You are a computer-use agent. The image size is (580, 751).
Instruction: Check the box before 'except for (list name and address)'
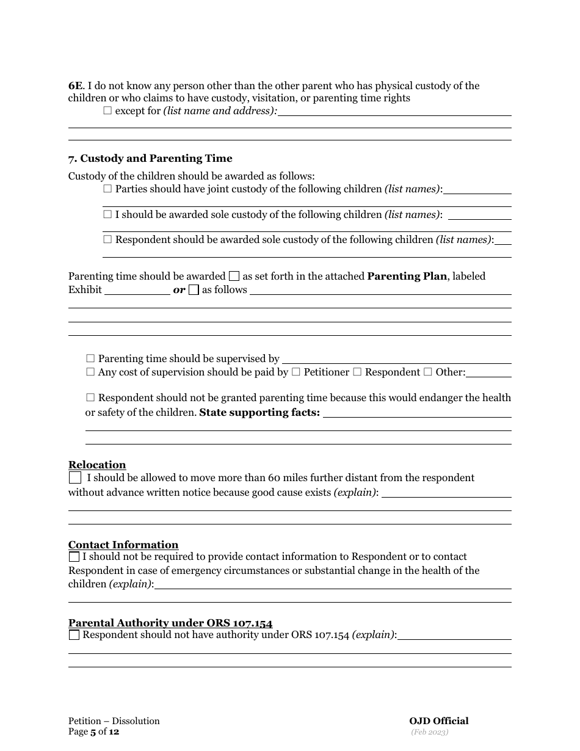[108, 111]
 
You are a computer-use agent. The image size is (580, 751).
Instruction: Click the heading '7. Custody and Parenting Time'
[150, 159]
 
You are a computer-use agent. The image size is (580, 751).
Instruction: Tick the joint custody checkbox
[108, 189]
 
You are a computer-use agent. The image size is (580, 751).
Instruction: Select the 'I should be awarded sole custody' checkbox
[108, 214]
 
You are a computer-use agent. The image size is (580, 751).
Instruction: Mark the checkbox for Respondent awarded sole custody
[108, 239]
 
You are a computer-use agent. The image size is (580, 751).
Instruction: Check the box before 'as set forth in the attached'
[234, 277]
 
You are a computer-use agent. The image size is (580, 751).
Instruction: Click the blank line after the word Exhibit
[137, 290]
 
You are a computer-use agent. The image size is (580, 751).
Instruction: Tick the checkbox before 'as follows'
[194, 290]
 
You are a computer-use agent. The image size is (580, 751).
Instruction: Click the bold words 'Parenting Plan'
[407, 276]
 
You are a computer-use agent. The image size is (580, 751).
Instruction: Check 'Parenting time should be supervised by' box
[91, 358]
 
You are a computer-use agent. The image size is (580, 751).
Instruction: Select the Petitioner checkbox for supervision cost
[296, 372]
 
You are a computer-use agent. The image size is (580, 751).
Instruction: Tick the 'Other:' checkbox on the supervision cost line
[427, 372]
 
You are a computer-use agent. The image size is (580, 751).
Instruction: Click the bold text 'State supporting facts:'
[259, 412]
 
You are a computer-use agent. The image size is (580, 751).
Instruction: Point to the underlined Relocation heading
[97, 465]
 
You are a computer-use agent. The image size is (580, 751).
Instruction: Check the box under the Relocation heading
[74, 477]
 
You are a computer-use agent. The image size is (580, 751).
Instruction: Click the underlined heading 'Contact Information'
[123, 545]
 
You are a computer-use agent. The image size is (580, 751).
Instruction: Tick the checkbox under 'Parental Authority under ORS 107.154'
[74, 635]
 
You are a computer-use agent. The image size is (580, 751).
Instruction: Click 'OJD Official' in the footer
[439, 721]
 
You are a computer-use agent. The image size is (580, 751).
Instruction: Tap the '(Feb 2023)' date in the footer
[429, 731]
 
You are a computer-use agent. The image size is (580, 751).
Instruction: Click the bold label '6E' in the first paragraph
[75, 86]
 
